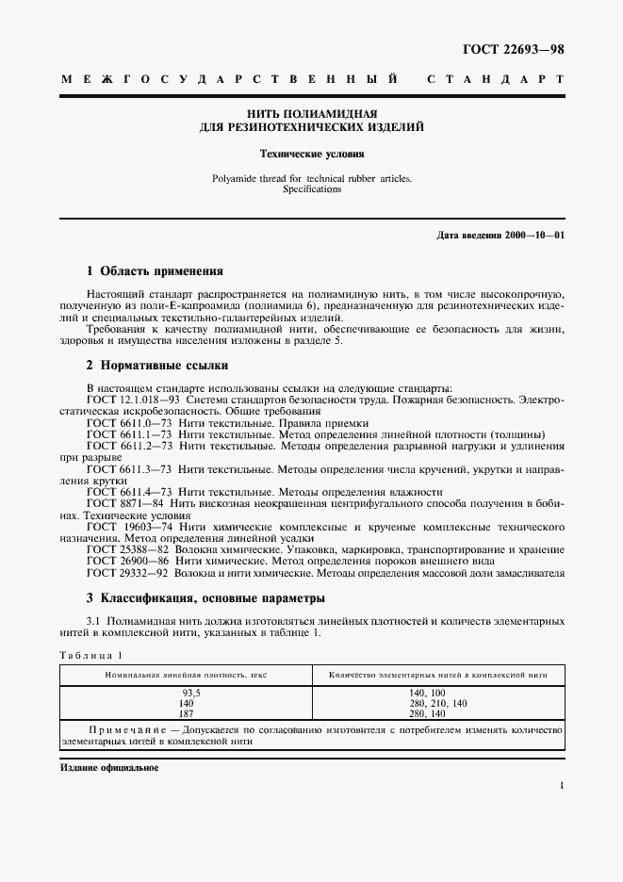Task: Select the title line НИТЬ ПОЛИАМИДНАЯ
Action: pos(311,112)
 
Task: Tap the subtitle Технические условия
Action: pos(311,152)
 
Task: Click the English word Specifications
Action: pos(311,188)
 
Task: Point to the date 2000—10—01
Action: pos(533,234)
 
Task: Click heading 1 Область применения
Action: pos(155,269)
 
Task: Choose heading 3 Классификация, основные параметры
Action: pos(205,597)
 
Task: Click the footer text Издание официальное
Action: pos(109,768)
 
